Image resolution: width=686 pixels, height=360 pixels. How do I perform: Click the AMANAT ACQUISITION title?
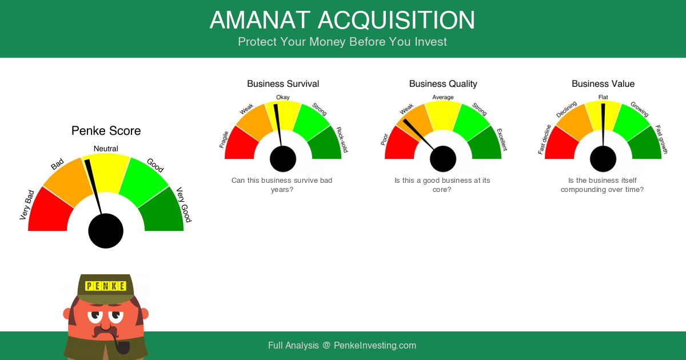pos(342,20)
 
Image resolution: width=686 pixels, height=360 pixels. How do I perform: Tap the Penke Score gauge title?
pos(106,131)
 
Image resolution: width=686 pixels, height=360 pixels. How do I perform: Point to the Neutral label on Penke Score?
pos(106,149)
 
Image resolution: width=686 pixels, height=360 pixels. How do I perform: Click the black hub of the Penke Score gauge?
pos(106,231)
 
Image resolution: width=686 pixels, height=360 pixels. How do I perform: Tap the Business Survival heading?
pos(283,83)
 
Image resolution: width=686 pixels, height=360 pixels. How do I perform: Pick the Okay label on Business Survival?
pos(282,97)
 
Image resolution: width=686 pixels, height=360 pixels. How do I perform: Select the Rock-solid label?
pos(342,139)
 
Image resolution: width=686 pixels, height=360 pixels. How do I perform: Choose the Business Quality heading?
pos(443,83)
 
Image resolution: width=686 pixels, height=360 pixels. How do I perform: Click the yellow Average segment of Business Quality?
pos(443,115)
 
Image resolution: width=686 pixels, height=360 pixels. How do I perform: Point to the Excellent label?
pos(502,139)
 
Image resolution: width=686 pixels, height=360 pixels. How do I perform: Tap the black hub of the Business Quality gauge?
pos(443,159)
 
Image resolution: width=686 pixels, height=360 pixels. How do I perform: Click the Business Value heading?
pos(603,83)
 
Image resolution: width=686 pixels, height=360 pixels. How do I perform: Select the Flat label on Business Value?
pos(603,97)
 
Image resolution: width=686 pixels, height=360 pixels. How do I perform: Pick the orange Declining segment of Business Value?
pos(573,122)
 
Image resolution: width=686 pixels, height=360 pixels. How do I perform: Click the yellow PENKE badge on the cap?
pos(106,286)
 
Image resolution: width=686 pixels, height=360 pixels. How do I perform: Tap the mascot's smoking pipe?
pos(121,345)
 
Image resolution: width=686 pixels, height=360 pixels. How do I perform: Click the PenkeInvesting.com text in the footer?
pos(375,345)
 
